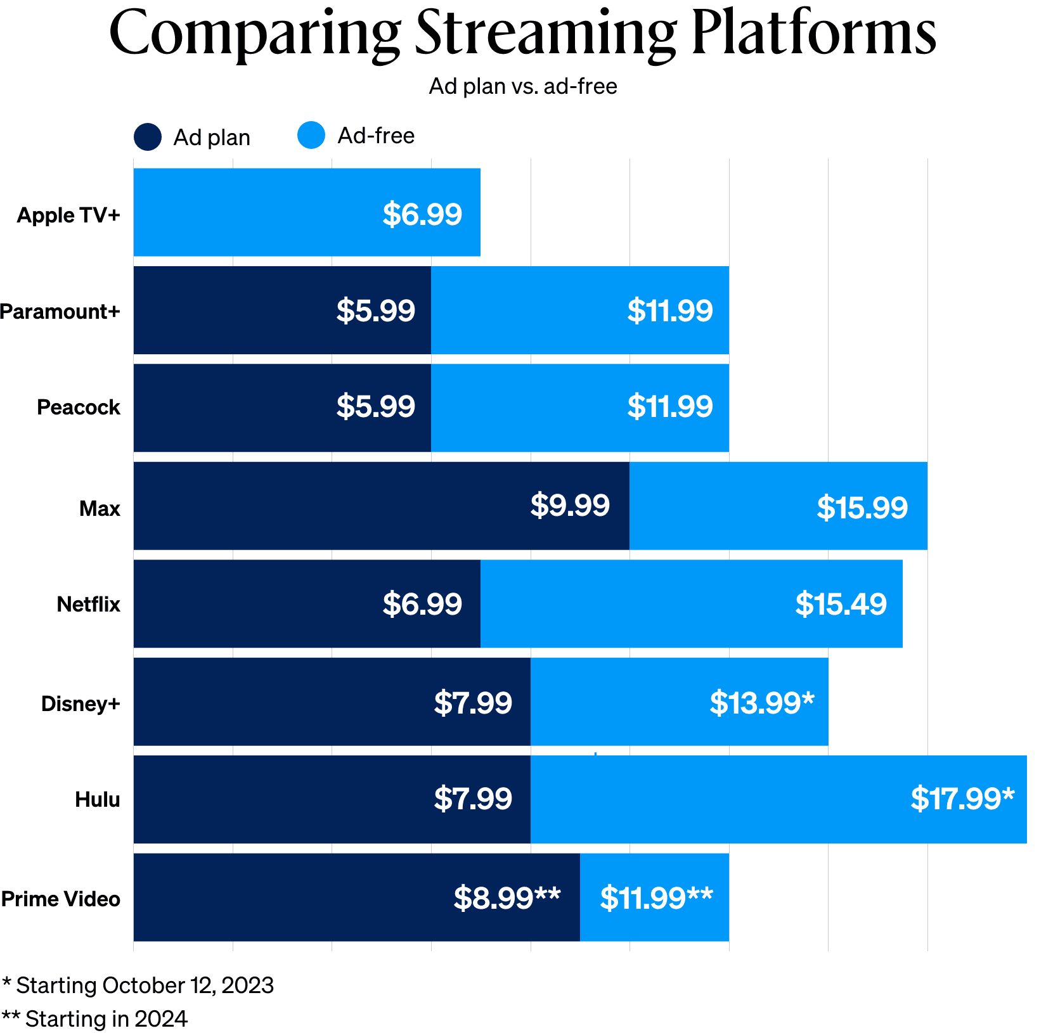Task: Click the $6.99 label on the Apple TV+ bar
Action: pyautogui.click(x=422, y=214)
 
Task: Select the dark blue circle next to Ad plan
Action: pyautogui.click(x=148, y=137)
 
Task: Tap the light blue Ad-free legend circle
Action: pyautogui.click(x=311, y=135)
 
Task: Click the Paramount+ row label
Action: pyautogui.click(x=60, y=311)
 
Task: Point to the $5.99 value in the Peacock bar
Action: pyautogui.click(x=375, y=406)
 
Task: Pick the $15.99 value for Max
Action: pyautogui.click(x=862, y=508)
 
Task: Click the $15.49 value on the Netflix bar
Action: pyautogui.click(x=841, y=604)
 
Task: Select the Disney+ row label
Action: pyautogui.click(x=81, y=703)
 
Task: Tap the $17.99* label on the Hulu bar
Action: pyautogui.click(x=962, y=799)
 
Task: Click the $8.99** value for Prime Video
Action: pyautogui.click(x=507, y=898)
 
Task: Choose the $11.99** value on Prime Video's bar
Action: pyautogui.click(x=656, y=898)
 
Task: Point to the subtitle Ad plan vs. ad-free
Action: pyautogui.click(x=523, y=86)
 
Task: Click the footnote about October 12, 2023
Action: pyautogui.click(x=138, y=985)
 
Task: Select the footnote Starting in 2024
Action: pyautogui.click(x=95, y=1019)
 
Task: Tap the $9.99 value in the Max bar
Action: pyautogui.click(x=570, y=506)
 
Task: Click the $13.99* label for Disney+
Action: pyautogui.click(x=761, y=703)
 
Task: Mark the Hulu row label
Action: pyautogui.click(x=98, y=799)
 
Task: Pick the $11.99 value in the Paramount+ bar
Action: pyautogui.click(x=670, y=311)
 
